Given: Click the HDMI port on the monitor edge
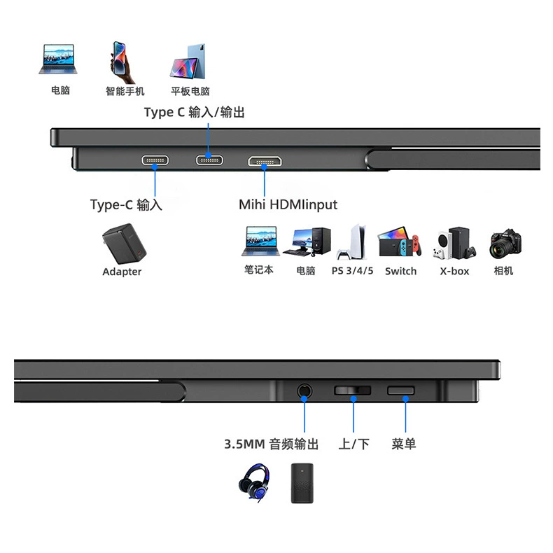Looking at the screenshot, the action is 265,161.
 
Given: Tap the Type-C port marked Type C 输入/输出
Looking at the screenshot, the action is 209,160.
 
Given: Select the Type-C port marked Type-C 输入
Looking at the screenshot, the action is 155,160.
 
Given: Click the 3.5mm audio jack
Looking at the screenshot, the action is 304,391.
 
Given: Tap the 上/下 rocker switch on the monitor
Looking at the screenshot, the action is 352,391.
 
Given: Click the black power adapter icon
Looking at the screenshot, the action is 124,244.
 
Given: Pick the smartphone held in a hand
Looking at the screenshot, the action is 122,62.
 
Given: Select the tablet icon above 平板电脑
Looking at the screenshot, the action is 188,61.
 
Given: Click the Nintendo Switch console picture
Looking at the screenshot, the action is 399,243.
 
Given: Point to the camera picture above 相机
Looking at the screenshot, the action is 505,244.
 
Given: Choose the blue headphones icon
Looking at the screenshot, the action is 254,482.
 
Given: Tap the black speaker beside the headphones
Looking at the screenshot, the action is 302,483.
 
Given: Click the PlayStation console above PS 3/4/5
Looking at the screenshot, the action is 352,242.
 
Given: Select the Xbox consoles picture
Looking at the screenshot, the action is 455,244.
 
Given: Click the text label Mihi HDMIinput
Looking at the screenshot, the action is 288,204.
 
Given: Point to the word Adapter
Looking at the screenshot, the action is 122,272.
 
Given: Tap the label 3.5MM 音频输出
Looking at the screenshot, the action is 271,444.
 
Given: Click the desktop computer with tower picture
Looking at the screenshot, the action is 307,242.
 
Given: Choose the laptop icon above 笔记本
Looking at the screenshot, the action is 260,241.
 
